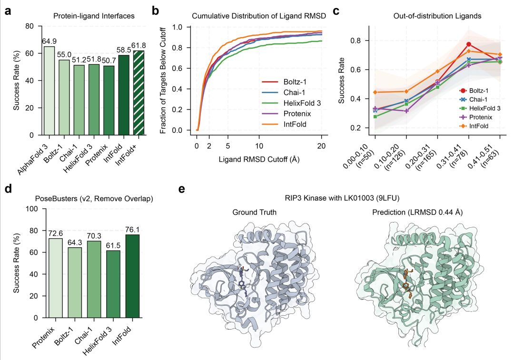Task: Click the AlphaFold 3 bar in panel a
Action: [x=49, y=90]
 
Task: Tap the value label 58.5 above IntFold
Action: [x=123, y=49]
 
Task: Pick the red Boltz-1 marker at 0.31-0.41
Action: [x=469, y=44]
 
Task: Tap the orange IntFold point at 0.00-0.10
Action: [x=375, y=92]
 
